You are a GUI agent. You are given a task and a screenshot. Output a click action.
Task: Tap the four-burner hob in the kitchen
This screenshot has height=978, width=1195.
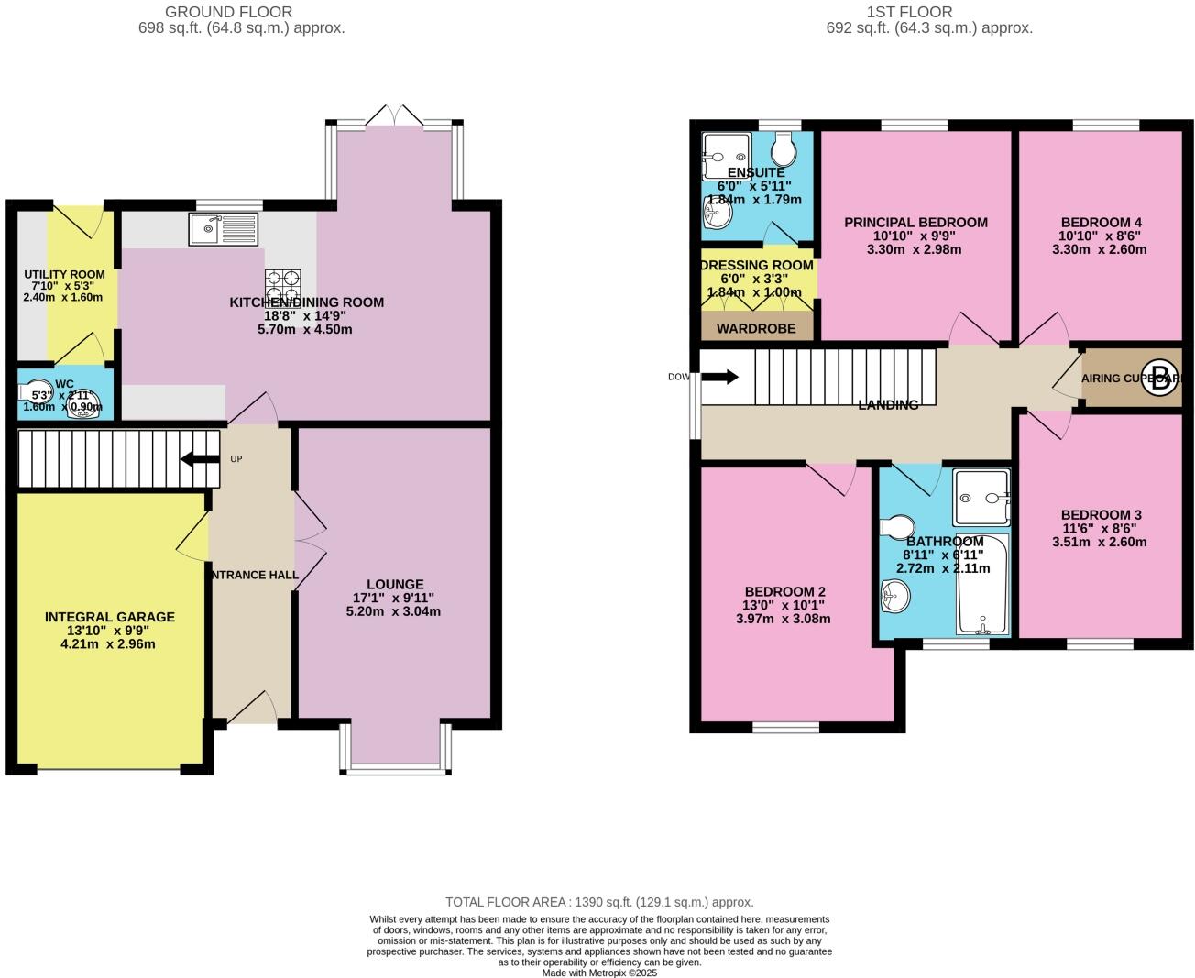click(x=283, y=286)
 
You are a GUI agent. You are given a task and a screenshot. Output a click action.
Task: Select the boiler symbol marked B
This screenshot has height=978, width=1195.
click(x=1159, y=379)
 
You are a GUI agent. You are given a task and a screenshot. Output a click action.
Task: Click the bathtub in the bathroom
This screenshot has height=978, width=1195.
click(x=981, y=585)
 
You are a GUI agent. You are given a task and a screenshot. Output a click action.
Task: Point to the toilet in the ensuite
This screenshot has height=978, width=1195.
click(x=784, y=148)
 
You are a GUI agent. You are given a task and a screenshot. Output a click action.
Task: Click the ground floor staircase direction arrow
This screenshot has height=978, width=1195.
click(x=200, y=458)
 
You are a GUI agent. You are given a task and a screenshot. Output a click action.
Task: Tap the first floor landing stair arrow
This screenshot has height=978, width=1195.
click(x=719, y=377)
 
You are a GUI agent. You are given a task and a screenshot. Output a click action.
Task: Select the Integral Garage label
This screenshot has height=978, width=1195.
click(x=110, y=617)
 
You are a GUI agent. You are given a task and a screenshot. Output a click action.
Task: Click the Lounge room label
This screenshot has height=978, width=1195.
click(x=395, y=584)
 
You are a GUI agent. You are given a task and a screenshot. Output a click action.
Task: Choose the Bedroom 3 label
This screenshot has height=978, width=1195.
click(x=1101, y=515)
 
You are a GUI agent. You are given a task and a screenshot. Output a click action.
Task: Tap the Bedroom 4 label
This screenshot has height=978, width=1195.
click(x=1101, y=222)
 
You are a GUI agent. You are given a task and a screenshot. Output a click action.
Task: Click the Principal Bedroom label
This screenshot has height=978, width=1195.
click(x=915, y=222)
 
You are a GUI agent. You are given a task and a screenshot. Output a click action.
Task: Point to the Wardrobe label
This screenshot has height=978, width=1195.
click(x=757, y=328)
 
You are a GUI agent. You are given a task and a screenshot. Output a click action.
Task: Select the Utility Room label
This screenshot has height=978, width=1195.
click(x=64, y=274)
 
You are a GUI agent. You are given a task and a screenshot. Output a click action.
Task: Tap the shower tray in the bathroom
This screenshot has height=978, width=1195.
click(x=981, y=498)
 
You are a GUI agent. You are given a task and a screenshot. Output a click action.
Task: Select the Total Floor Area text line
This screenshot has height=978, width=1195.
click(x=599, y=902)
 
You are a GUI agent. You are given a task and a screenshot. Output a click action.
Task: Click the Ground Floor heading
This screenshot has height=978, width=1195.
click(x=228, y=12)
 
